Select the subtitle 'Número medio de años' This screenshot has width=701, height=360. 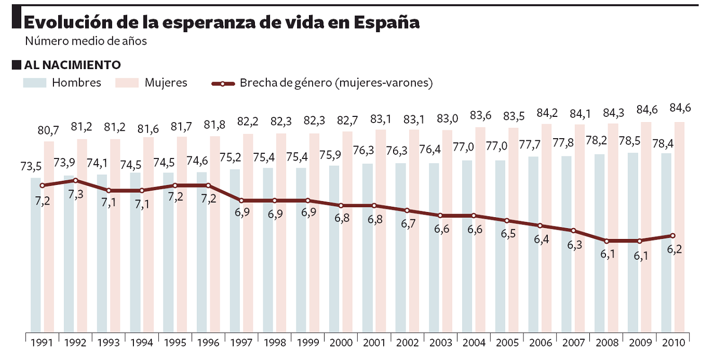click(86, 41)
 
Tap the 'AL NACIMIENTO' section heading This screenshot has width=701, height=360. click(72, 65)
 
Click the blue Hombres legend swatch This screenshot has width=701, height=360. click(35, 83)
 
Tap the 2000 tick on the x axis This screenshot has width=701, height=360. click(341, 343)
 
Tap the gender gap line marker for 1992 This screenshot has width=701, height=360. click(75, 180)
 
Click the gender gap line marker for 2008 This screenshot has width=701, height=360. click(606, 241)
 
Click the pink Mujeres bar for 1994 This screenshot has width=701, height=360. click(149, 234)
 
